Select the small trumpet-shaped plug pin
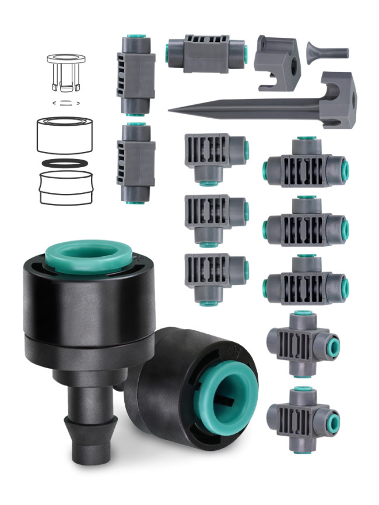click(327, 53)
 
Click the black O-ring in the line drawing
click(65, 163)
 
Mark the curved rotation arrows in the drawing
click(66, 103)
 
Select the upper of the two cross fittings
click(302, 343)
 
